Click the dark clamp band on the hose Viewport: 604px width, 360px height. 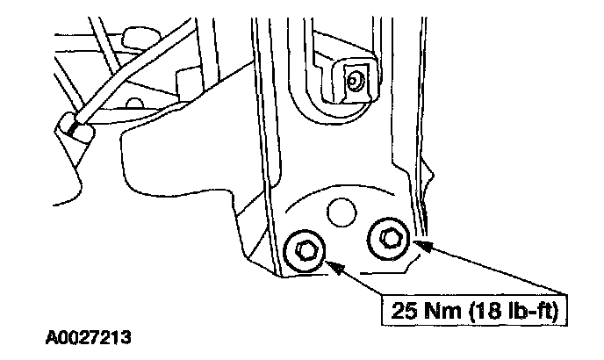tap(75, 130)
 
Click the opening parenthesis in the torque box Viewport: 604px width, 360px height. tap(464, 309)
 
